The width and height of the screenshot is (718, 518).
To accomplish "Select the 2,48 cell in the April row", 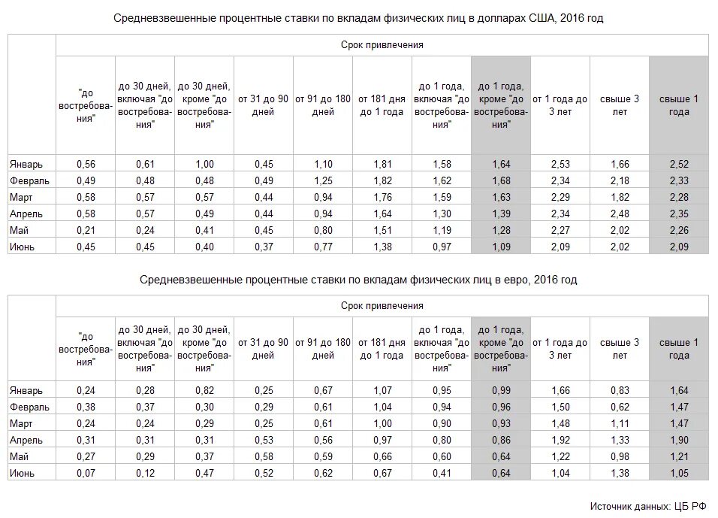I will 619,214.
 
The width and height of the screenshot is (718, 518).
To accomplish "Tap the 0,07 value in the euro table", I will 86,473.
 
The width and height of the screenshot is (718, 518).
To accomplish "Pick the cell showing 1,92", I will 560,440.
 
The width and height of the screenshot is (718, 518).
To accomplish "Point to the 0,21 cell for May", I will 86,230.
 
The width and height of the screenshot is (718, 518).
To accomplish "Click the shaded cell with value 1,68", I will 501,181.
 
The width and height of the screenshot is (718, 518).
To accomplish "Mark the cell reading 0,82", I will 204,391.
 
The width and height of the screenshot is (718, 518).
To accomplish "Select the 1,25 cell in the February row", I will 322,181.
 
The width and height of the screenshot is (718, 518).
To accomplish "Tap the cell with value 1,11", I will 619,424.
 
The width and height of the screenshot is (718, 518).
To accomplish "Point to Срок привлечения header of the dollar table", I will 382,45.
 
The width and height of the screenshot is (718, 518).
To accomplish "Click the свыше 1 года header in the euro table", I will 678,349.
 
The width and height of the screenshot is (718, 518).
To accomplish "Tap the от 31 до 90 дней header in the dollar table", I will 263,105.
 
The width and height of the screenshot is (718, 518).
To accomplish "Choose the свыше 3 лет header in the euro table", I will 619,349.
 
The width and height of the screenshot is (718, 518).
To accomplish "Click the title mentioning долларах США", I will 358,19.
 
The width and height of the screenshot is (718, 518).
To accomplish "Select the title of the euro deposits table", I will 358,280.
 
